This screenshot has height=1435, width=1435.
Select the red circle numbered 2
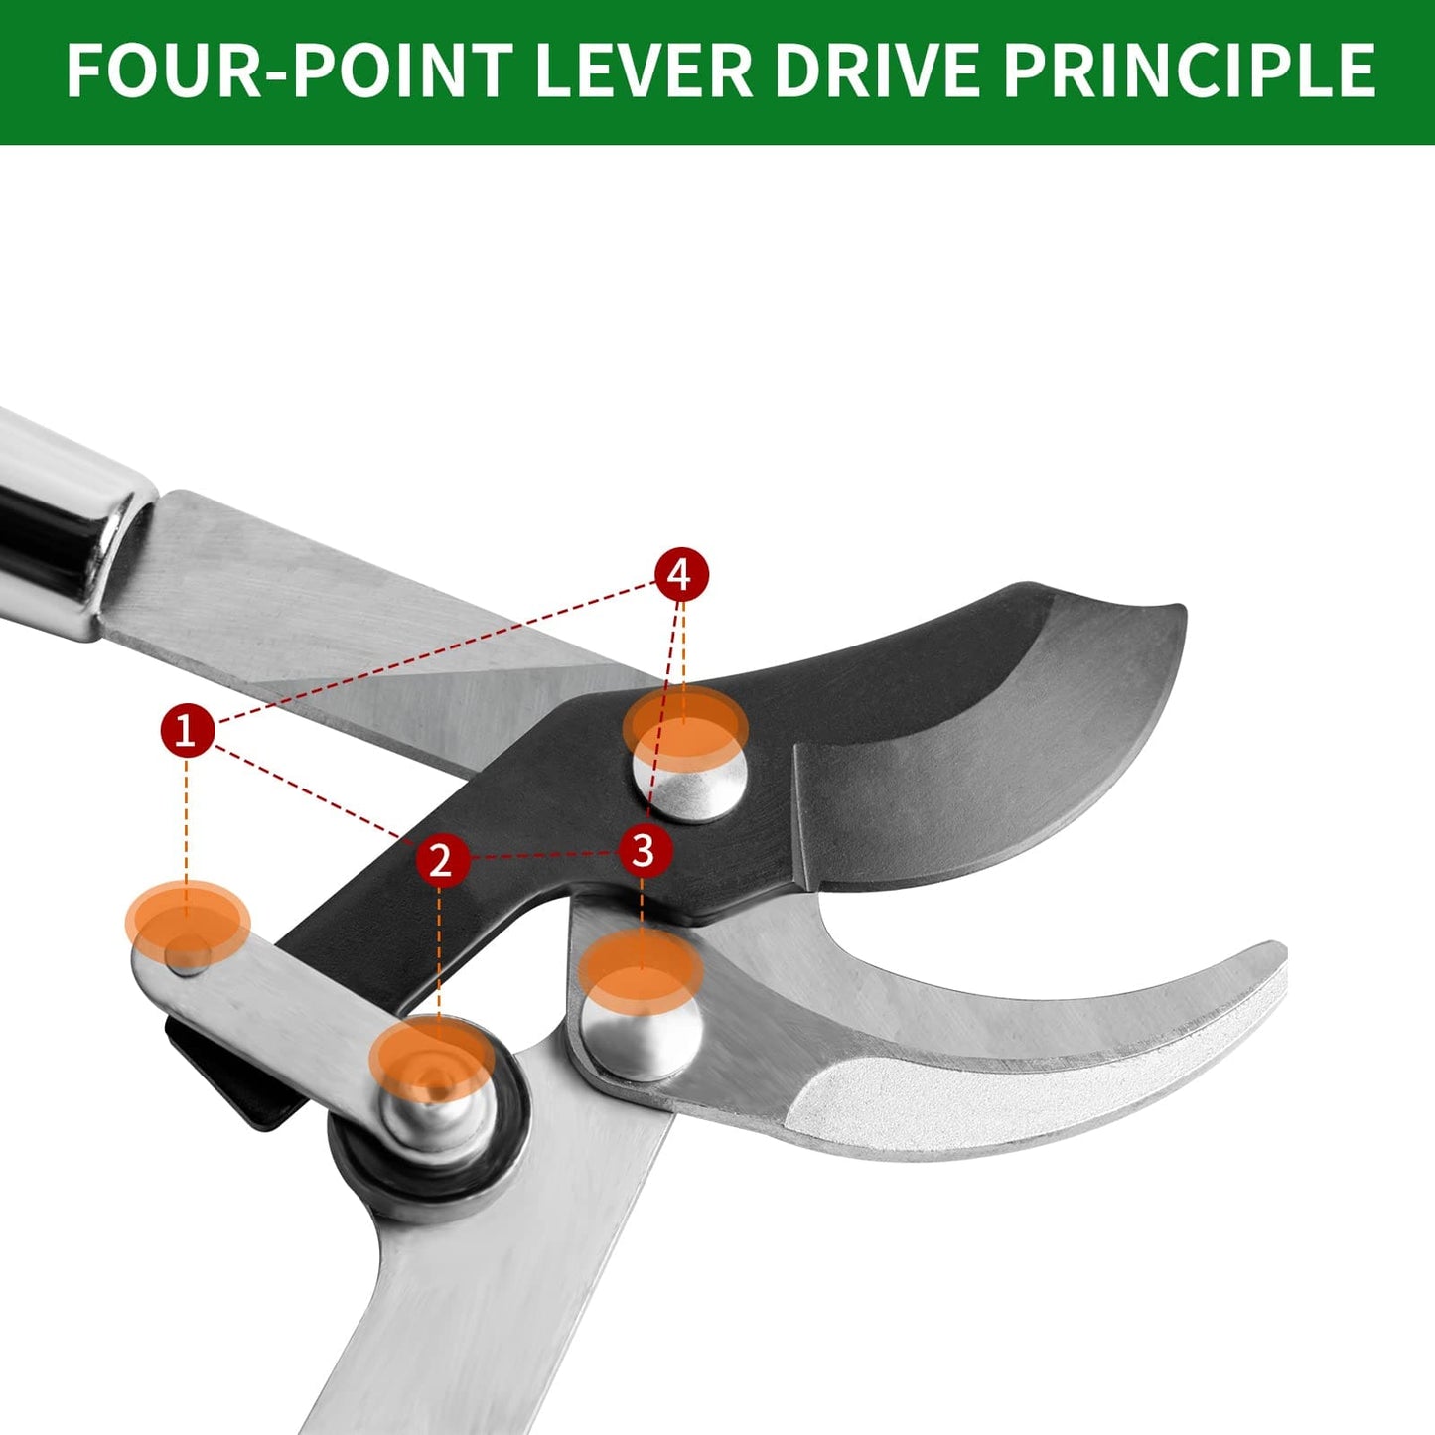(x=442, y=860)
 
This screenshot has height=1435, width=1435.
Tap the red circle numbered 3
(x=645, y=849)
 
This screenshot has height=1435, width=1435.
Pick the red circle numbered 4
(x=681, y=574)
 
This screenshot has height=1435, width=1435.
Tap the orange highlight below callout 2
(x=433, y=1059)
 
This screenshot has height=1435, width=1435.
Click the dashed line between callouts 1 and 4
(x=436, y=652)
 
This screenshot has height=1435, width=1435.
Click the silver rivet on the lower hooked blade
(x=642, y=1037)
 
